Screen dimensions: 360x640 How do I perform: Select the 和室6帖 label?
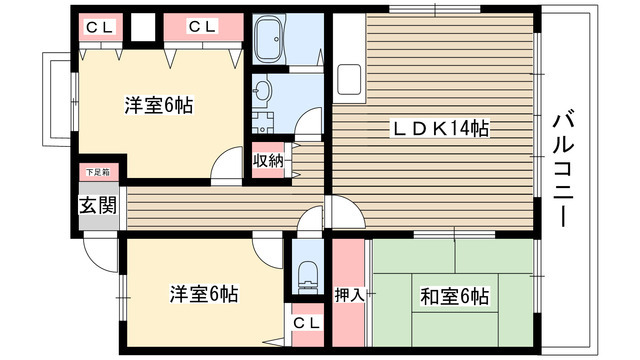tap(454, 296)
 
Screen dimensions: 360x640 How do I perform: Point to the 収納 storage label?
tap(267, 160)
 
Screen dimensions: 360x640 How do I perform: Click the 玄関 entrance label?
tap(97, 207)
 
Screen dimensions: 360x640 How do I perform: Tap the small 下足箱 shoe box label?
tap(97, 173)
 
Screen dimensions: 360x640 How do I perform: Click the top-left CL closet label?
tap(98, 27)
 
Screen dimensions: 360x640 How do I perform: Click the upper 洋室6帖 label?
tap(159, 104)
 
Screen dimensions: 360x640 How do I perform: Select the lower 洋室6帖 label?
tap(203, 294)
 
